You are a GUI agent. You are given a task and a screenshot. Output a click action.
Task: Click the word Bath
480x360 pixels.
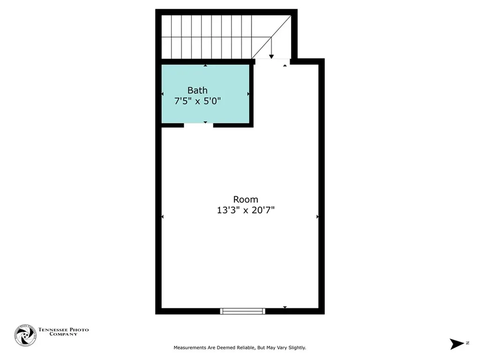(x=197, y=90)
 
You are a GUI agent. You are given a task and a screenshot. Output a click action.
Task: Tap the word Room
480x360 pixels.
(x=246, y=199)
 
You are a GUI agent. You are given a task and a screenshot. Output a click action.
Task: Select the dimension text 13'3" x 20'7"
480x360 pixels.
(x=246, y=210)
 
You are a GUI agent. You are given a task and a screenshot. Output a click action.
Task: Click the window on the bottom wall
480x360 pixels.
(x=243, y=311)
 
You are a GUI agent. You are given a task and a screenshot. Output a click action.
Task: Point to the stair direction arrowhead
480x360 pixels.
(x=271, y=56)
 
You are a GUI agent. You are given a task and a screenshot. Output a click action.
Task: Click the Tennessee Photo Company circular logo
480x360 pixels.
(x=25, y=336)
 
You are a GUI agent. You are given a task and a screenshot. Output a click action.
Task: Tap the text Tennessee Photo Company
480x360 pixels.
(x=63, y=332)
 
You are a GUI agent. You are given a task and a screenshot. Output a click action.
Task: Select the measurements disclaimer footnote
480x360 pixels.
(x=240, y=348)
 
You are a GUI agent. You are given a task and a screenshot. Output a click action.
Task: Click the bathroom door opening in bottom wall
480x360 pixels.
(x=198, y=125)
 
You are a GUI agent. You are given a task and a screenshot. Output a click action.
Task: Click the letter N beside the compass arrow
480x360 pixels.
(x=468, y=344)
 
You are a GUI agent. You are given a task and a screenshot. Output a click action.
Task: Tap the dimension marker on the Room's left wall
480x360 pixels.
(x=163, y=217)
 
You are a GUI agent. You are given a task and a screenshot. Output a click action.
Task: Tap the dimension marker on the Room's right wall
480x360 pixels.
(x=317, y=217)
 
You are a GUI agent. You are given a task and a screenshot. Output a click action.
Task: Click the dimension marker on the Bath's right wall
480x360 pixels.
(x=248, y=94)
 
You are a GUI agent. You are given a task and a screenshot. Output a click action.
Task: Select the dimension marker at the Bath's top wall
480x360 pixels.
(x=205, y=66)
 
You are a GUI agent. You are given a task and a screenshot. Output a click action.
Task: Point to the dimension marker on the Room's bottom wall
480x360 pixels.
(x=285, y=307)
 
